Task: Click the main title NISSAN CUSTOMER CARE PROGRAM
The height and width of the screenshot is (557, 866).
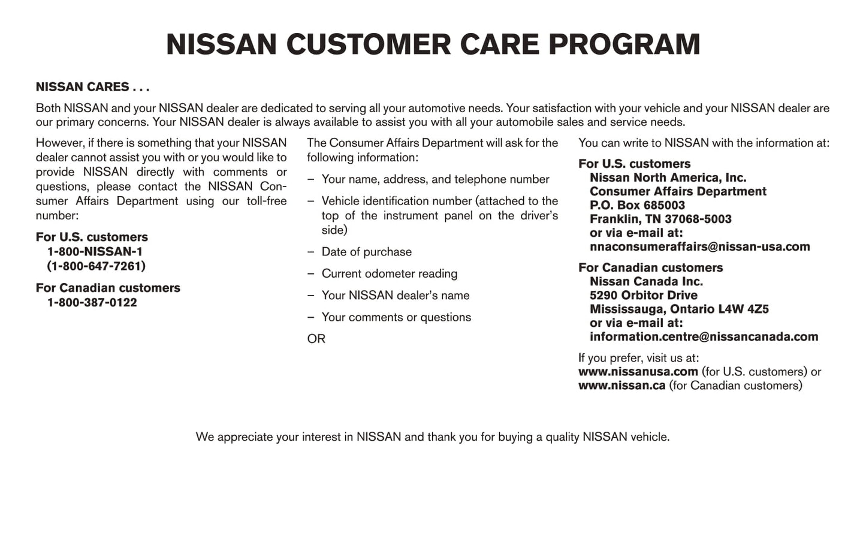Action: point(433,44)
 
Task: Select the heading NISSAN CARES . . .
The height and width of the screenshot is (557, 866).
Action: point(92,87)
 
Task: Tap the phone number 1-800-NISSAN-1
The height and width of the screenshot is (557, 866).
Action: point(95,252)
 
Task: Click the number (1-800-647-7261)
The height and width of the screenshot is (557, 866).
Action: point(96,266)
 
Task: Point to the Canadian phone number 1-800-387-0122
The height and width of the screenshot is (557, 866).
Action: point(92,303)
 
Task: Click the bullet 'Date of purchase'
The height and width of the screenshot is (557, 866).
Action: point(366,252)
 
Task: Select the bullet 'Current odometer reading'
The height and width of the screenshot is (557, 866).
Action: point(389,274)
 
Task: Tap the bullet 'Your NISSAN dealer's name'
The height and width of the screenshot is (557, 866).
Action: point(395,296)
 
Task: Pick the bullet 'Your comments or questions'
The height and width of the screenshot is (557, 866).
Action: point(396,317)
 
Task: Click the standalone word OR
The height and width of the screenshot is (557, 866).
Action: point(316,339)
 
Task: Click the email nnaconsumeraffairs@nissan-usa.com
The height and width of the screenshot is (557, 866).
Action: point(699,247)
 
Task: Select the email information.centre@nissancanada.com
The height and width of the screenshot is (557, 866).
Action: point(704,337)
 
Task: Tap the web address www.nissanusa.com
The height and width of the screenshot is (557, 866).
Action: point(638,372)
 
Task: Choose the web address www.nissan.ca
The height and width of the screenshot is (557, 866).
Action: point(621,386)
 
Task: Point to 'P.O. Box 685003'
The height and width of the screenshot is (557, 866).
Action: point(637,206)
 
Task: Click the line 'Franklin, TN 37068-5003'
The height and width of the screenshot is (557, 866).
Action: point(660,219)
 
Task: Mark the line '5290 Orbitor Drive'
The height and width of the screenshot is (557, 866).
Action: point(643,296)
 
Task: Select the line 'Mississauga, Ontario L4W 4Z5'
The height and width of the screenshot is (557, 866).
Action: point(679,309)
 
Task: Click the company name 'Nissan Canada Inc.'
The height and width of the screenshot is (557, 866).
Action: point(646,282)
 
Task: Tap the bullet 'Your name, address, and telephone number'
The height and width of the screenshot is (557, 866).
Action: point(435,179)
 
